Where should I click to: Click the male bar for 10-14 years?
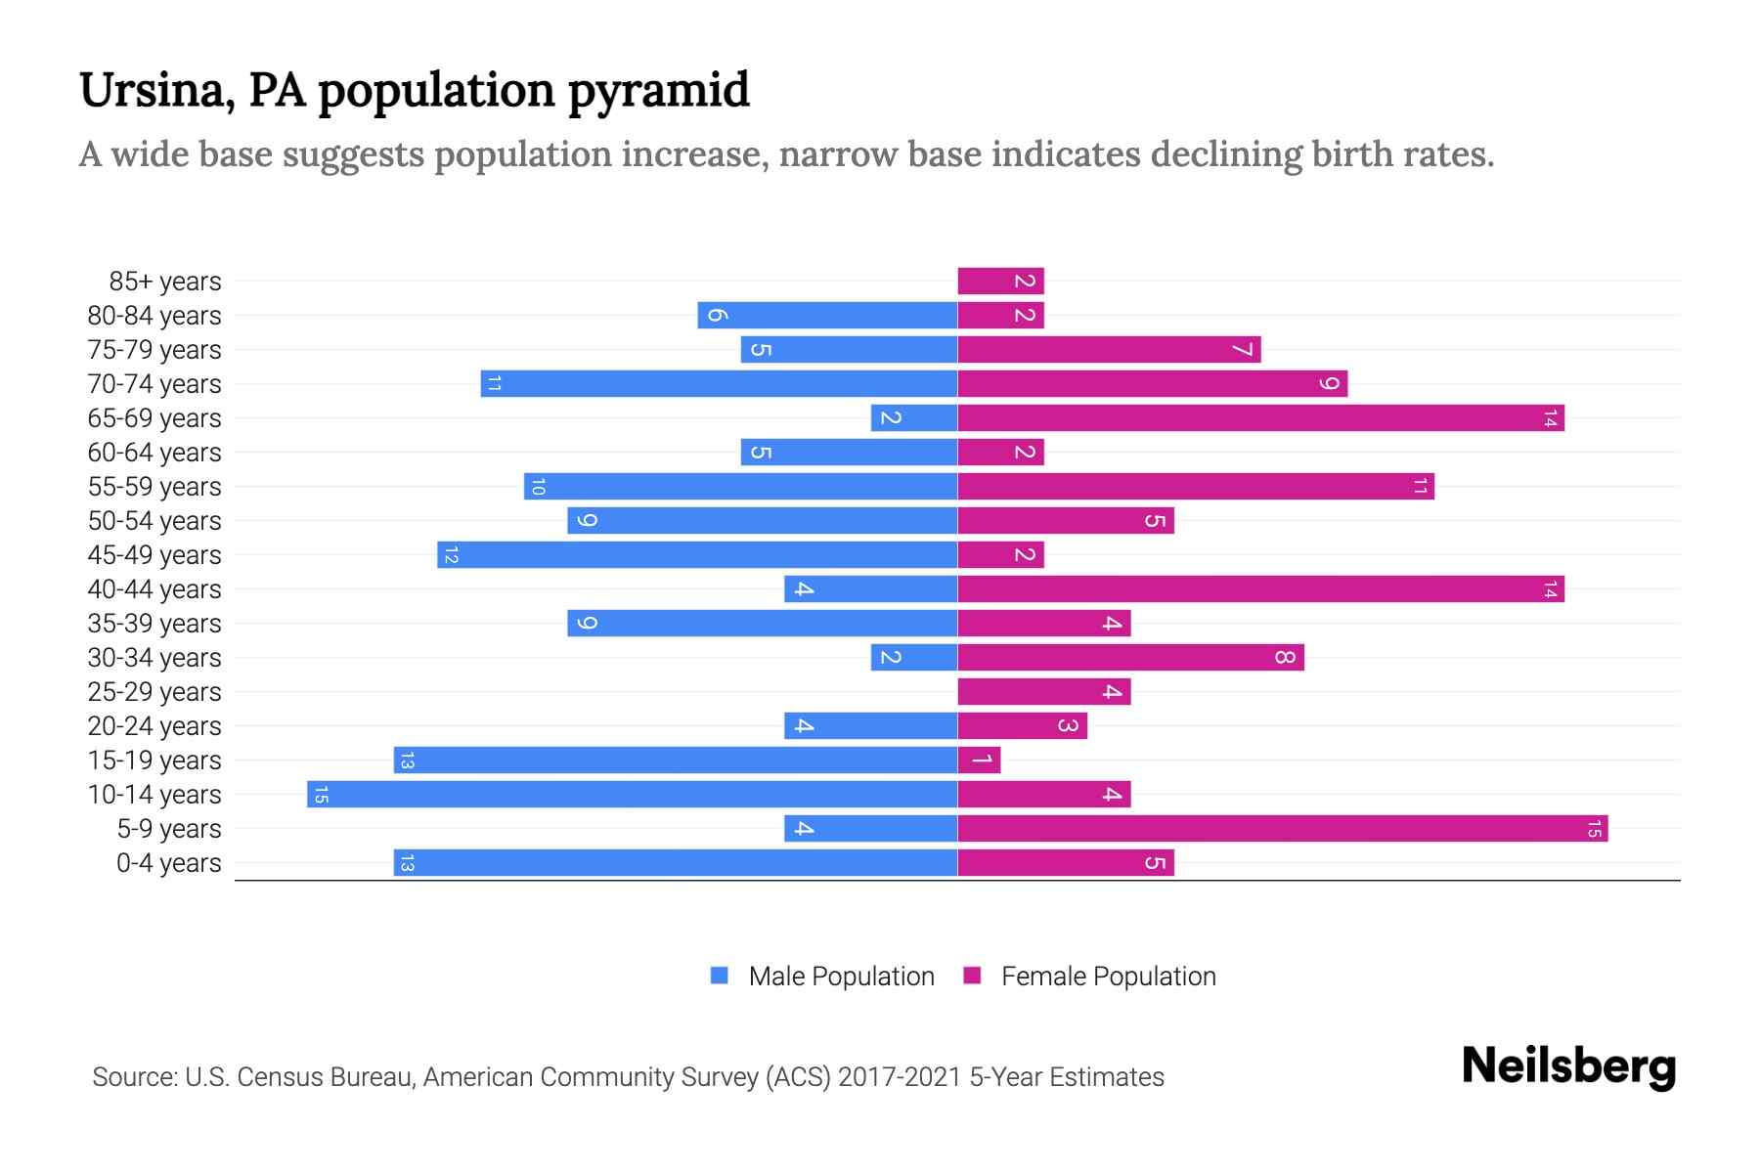632,794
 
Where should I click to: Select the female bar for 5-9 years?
1282,828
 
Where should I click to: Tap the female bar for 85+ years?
1000,281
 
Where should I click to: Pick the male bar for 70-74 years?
719,383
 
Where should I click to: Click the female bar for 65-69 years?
1260,417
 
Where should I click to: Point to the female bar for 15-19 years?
979,760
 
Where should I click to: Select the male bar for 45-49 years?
696,554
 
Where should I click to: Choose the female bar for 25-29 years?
1043,691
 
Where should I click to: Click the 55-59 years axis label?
154,487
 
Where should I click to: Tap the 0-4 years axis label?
168,863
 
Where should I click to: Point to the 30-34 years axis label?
154,658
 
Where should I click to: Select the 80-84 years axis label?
154,316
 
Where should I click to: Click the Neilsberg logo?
1568,1065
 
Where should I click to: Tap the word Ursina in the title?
155,90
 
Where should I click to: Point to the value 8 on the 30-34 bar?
1284,657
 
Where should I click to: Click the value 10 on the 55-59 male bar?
538,486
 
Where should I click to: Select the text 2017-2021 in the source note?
899,1077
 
